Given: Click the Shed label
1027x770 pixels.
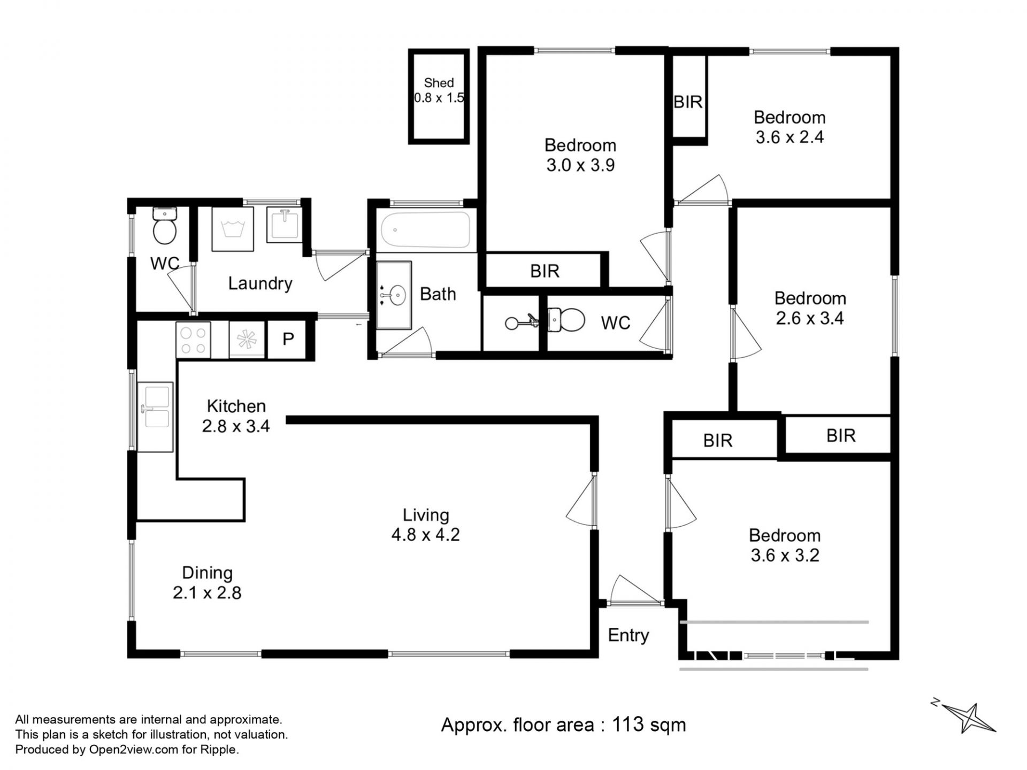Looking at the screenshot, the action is pos(439,83).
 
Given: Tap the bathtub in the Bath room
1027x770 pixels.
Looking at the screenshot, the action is pos(426,230).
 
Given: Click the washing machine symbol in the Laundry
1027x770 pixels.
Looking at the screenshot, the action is pos(233,229).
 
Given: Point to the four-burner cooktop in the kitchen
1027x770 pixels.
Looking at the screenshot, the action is pos(193,340).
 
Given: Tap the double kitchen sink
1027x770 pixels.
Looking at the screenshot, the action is pos(155,417).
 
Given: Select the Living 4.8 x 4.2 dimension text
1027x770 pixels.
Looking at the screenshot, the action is pos(425,535).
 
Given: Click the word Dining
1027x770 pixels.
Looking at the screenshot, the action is pos(207,573).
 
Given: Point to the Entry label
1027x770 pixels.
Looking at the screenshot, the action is pos(628,635).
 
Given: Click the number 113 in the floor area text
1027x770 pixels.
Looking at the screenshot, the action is pos(628,725).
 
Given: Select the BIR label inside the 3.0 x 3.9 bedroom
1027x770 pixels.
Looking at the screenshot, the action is pos(545,271).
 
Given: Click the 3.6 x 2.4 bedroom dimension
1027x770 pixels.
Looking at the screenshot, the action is pos(790,137).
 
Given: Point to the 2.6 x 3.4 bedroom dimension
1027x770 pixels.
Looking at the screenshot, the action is pos(810,318).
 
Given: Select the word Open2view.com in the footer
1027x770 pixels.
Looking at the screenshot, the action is pos(133,750).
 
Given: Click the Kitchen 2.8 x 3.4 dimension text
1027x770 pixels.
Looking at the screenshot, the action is pos(236,426).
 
